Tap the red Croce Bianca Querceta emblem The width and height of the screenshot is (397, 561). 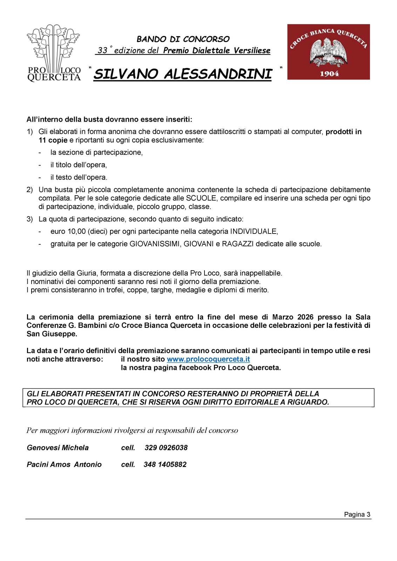tap(328, 52)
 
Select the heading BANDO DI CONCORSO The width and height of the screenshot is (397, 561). tap(183, 39)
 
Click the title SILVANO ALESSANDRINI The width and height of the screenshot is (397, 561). tap(183, 74)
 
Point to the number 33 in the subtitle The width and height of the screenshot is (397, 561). tap(102, 50)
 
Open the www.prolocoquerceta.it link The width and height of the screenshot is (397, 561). tap(208, 359)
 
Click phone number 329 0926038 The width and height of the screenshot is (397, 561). tap(166, 448)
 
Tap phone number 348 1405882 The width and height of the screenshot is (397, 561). tap(165, 465)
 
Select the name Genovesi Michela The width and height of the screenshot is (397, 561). tap(58, 448)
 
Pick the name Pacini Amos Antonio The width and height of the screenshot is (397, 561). tap(64, 465)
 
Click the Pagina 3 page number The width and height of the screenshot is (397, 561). tap(357, 514)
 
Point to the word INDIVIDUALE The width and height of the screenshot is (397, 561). tap(254, 231)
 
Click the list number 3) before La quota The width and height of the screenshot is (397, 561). tap(30, 219)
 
